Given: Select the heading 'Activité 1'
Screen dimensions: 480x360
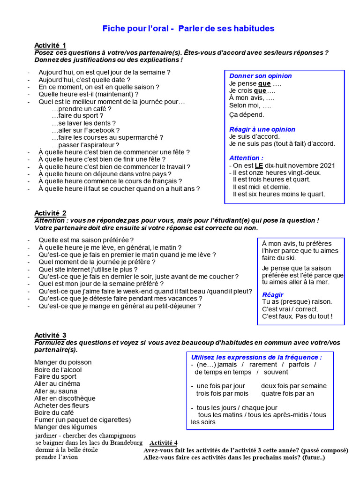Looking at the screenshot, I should coord(50,45).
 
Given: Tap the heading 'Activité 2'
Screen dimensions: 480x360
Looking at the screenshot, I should coord(50,213).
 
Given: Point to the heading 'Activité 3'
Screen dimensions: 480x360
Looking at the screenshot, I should coord(50,335).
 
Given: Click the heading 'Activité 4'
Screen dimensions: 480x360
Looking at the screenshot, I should coord(163,443).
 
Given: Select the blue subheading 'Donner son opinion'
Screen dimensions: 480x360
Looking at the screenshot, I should coord(260,76).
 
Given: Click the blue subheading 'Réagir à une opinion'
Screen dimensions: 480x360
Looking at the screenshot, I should coord(262,129).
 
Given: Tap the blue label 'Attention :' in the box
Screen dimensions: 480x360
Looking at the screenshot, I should coord(246,158).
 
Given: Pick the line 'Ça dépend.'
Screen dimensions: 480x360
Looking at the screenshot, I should coord(247,114).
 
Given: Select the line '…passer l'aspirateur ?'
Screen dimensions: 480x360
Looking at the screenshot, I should coord(85,145).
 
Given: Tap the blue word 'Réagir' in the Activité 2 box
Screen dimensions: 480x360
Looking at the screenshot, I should coord(273,294).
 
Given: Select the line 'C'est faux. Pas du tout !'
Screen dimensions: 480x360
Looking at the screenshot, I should coord(297,316).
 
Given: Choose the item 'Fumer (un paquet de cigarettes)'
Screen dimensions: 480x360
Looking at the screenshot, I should coord(82,420).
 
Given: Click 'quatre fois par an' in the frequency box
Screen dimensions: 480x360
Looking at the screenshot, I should coord(287,393).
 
